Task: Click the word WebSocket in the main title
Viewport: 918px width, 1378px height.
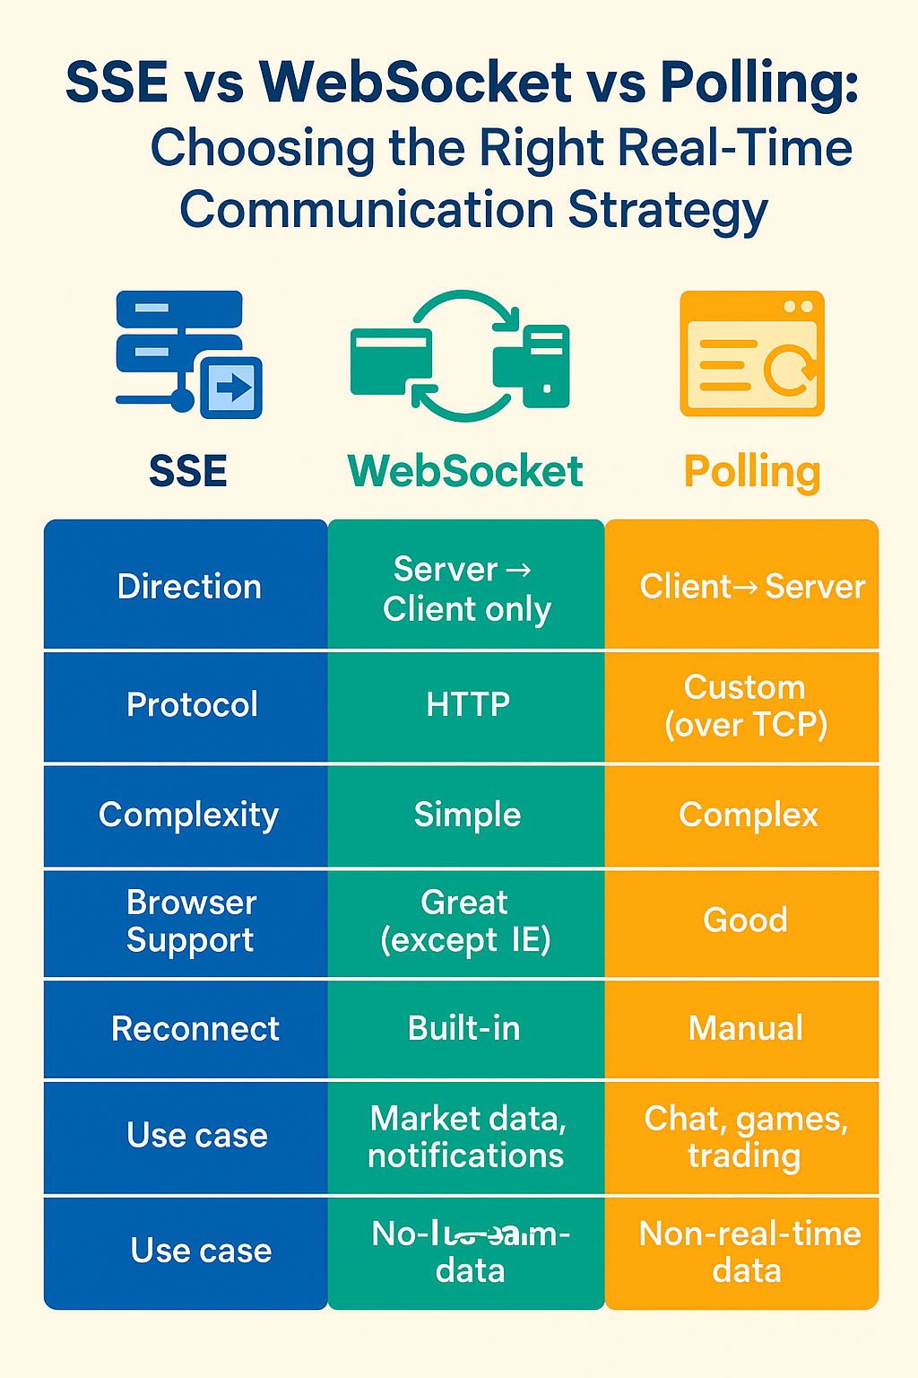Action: (x=416, y=83)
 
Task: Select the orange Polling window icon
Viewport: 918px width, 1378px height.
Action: (x=751, y=353)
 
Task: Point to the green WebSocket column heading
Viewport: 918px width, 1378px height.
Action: (x=465, y=472)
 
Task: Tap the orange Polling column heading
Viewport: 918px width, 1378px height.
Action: (x=751, y=472)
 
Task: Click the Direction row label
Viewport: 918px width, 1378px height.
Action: (x=189, y=587)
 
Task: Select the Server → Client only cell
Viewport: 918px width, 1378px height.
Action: (x=466, y=589)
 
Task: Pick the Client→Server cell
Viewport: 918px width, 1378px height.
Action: (x=751, y=587)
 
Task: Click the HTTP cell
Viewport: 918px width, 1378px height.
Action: (x=467, y=704)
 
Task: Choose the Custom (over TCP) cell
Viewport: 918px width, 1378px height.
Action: (x=745, y=705)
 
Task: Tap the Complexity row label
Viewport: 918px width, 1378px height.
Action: (x=188, y=815)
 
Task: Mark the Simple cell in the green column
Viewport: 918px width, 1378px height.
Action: (x=467, y=815)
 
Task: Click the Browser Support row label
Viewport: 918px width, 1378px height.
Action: (x=191, y=921)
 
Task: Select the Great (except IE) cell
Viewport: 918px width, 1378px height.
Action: (x=465, y=921)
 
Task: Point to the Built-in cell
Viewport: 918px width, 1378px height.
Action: (x=463, y=1028)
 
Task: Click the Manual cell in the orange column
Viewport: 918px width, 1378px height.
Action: (x=745, y=1028)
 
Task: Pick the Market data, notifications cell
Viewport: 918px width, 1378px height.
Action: (x=466, y=1137)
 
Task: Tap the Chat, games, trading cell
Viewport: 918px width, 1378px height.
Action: (x=745, y=1137)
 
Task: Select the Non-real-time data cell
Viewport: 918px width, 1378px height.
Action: (x=749, y=1252)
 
